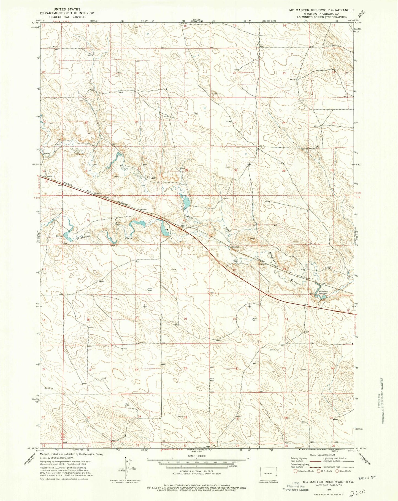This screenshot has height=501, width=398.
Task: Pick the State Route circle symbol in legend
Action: click(x=337, y=471)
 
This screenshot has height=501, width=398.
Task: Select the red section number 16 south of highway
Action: click(x=185, y=319)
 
